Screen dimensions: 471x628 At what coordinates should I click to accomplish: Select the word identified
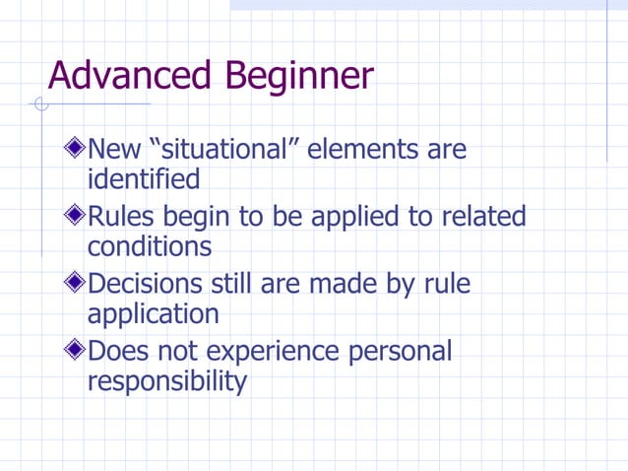143,179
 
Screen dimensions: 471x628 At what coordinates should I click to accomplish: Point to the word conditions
149,246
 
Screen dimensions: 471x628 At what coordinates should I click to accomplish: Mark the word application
153,315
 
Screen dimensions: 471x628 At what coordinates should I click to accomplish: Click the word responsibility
166,382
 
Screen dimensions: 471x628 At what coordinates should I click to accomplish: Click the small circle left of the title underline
39,103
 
